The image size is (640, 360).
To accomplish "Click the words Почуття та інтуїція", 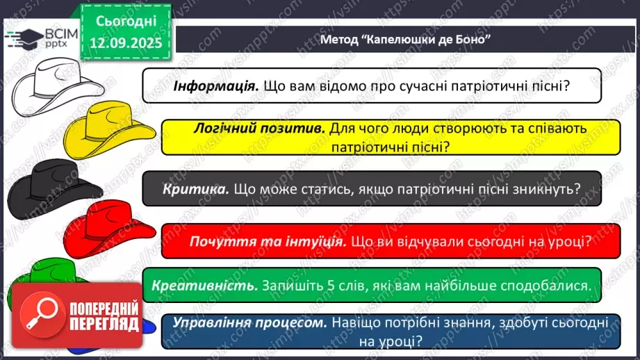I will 268,241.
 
